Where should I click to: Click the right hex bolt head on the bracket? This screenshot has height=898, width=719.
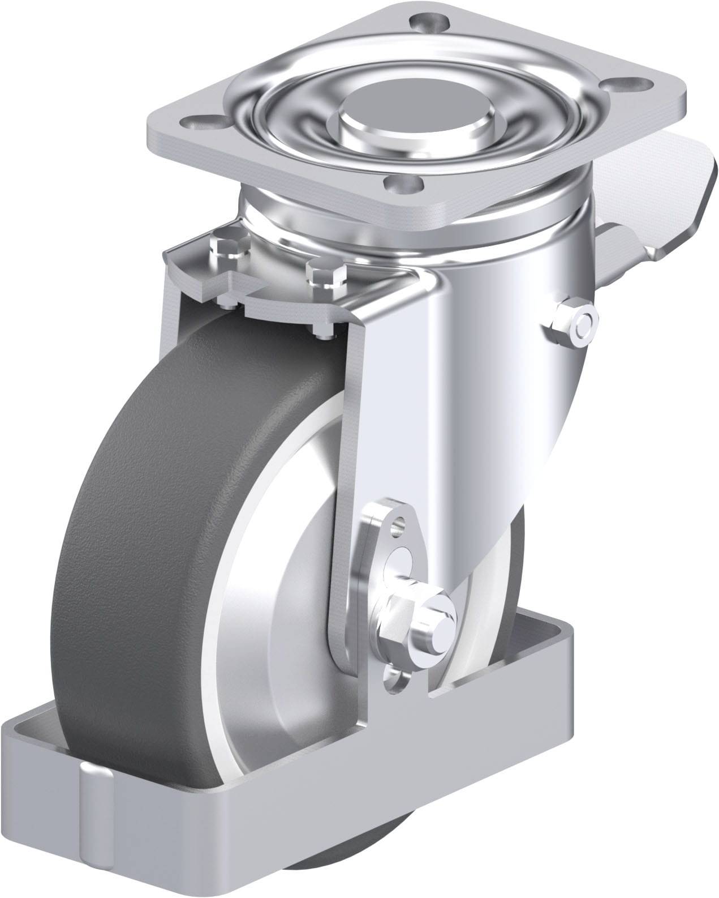326,273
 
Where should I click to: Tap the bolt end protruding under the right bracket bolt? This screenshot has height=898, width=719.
322,333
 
